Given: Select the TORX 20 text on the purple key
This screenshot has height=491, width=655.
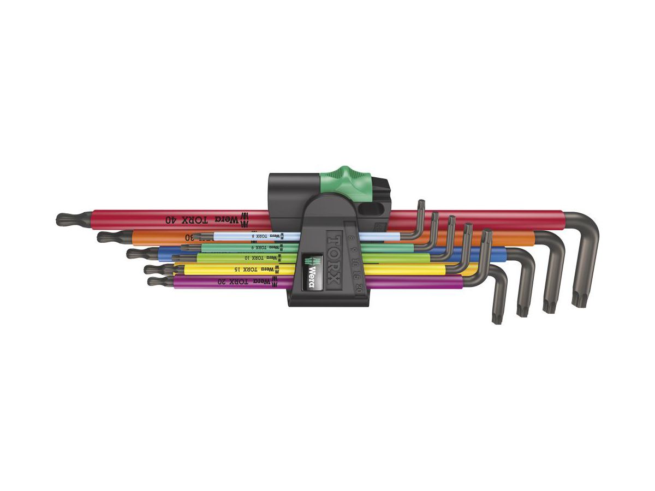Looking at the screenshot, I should pos(236,282).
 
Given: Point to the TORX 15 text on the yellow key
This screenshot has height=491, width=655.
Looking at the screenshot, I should pos(241,269).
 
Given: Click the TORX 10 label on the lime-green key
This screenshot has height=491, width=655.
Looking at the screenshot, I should pos(253,257).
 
